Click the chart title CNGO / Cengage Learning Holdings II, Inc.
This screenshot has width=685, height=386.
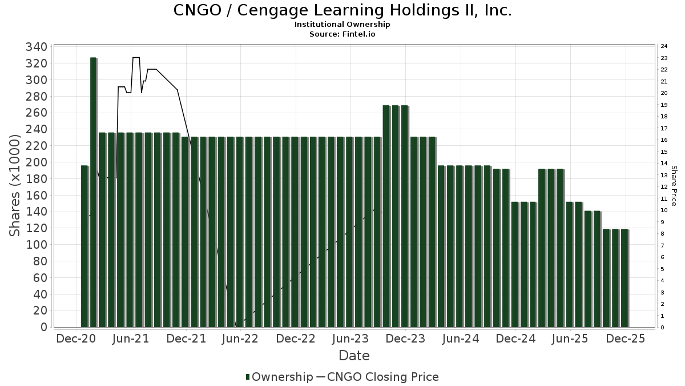tap(342, 10)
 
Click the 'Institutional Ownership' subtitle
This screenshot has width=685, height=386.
tap(342, 25)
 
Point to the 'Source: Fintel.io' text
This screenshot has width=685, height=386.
tap(342, 34)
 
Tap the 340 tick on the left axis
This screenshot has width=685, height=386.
tap(37, 47)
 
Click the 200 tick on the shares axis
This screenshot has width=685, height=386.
tap(37, 162)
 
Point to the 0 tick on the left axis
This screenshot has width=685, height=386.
tap(43, 327)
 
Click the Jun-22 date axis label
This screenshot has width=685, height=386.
tap(240, 339)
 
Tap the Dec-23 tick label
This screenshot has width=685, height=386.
tap(405, 339)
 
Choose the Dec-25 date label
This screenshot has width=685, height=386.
tap(626, 339)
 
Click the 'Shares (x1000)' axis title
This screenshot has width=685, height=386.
tap(16, 186)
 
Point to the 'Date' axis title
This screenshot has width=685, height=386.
tap(354, 356)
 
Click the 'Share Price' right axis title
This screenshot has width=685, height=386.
tap(674, 186)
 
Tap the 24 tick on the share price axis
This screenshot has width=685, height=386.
tap(664, 46)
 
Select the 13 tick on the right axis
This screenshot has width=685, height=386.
tap(664, 175)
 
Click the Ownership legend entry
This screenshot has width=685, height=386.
tap(280, 377)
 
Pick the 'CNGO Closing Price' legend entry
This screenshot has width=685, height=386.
tap(377, 377)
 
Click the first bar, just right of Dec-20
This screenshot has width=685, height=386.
tap(84, 246)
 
